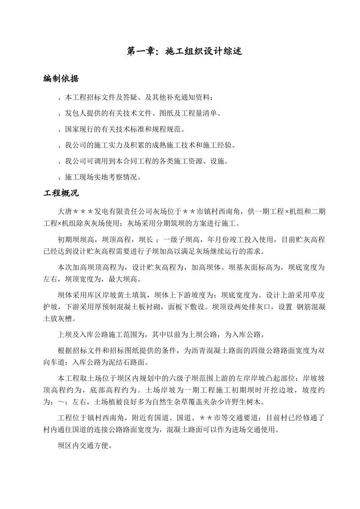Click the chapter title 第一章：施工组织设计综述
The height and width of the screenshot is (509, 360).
pos(184,51)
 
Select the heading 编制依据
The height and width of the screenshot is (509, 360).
pos(61,79)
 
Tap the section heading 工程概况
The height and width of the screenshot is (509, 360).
pos(61,193)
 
